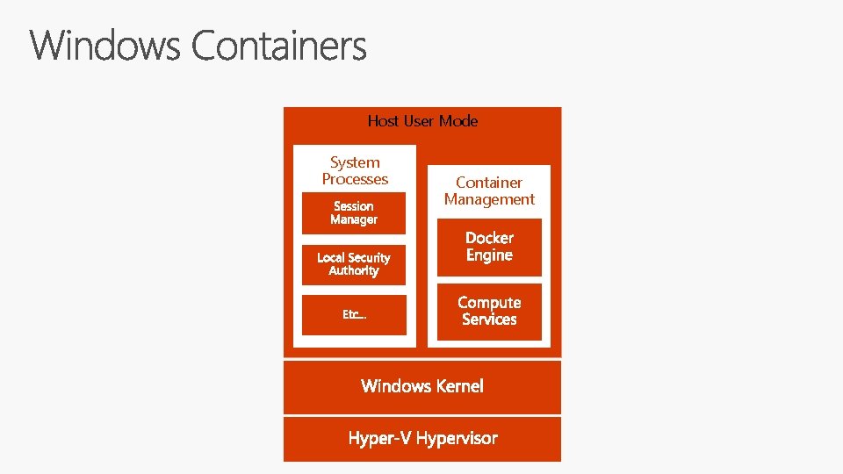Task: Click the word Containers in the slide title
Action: (x=278, y=46)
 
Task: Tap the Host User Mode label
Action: (x=422, y=121)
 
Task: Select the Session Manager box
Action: (x=354, y=213)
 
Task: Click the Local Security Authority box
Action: (x=354, y=264)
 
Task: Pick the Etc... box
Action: (x=354, y=314)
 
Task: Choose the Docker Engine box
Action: (x=489, y=247)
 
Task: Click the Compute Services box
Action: (x=489, y=311)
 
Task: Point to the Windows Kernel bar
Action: (x=422, y=386)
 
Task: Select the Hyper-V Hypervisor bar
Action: (x=422, y=438)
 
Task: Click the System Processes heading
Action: (x=355, y=170)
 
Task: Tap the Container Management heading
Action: (x=489, y=190)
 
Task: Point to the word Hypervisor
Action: (x=457, y=438)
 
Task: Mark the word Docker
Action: (x=489, y=238)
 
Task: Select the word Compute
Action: (x=489, y=303)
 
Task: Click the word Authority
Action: (x=354, y=271)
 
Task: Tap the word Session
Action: (x=354, y=206)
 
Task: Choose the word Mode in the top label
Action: (x=458, y=121)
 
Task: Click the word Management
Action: (x=489, y=199)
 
